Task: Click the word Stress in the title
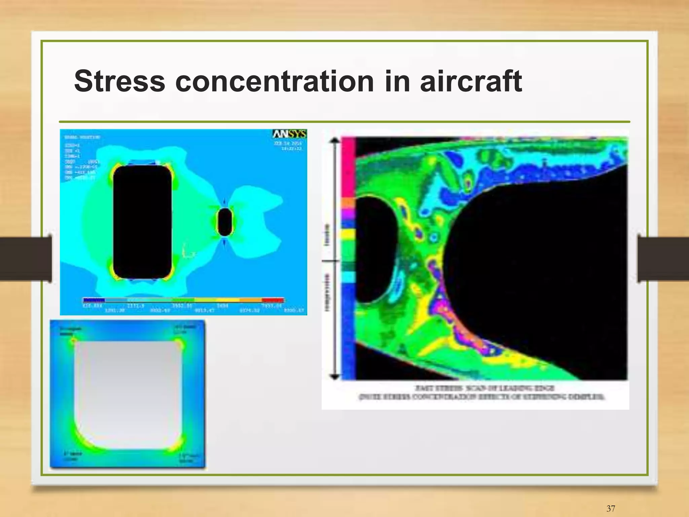tap(119, 81)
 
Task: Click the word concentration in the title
tap(274, 81)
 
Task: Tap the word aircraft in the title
tap(471, 81)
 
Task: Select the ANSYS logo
tap(289, 134)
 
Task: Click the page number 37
tap(611, 509)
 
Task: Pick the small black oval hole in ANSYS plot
tap(224, 222)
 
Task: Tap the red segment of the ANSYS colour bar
tap(273, 300)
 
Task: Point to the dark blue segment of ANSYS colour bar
tap(94, 300)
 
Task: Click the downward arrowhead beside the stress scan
tap(334, 376)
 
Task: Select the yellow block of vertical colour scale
tap(349, 234)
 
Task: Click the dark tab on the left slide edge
tap(25, 258)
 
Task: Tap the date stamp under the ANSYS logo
tap(288, 146)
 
